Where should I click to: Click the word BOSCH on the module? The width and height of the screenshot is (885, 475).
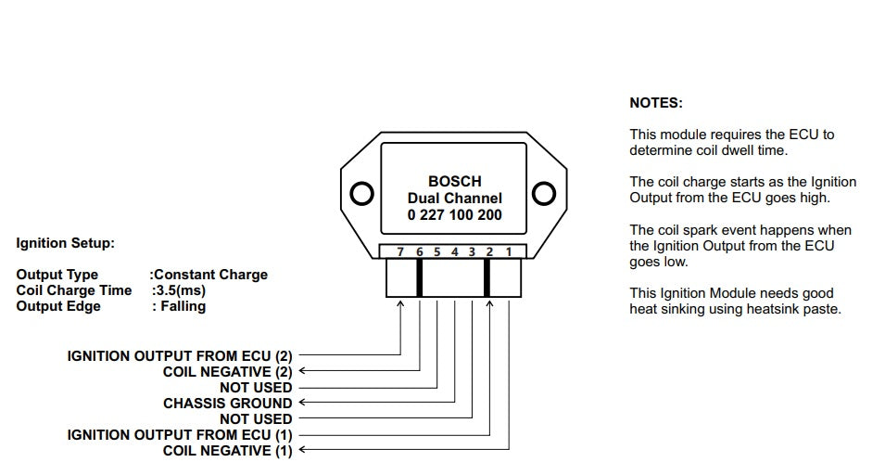pyautogui.click(x=454, y=182)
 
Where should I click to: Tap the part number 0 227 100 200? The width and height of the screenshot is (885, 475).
pyautogui.click(x=454, y=214)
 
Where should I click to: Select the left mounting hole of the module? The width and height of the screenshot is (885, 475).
pyautogui.click(x=362, y=194)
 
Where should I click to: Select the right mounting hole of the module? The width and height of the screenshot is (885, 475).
pyautogui.click(x=544, y=194)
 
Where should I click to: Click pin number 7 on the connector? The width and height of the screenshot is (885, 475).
pyautogui.click(x=400, y=251)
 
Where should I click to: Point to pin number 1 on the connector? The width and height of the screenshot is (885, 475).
pyautogui.click(x=508, y=251)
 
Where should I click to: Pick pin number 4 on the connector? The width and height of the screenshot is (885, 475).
pyautogui.click(x=454, y=251)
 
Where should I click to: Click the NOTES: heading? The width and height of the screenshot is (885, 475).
pyautogui.click(x=655, y=103)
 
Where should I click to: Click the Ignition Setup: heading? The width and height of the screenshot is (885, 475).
pyautogui.click(x=65, y=243)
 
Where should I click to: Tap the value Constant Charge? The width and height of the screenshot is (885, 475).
pyautogui.click(x=210, y=275)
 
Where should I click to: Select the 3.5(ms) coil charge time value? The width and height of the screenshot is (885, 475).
pyautogui.click(x=180, y=290)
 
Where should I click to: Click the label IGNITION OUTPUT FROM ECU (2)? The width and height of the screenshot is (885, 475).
pyautogui.click(x=179, y=355)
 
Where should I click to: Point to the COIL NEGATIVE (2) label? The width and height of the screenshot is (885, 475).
pyautogui.click(x=227, y=371)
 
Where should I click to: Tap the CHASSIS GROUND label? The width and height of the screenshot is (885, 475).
pyautogui.click(x=227, y=403)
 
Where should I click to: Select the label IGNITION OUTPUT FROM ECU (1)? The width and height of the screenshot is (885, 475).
pyautogui.click(x=179, y=434)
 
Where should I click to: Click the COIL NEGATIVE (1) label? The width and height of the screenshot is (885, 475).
pyautogui.click(x=227, y=450)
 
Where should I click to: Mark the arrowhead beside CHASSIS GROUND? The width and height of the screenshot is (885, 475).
pyautogui.click(x=302, y=403)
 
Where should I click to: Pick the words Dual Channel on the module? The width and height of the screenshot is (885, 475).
pyautogui.click(x=454, y=199)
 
